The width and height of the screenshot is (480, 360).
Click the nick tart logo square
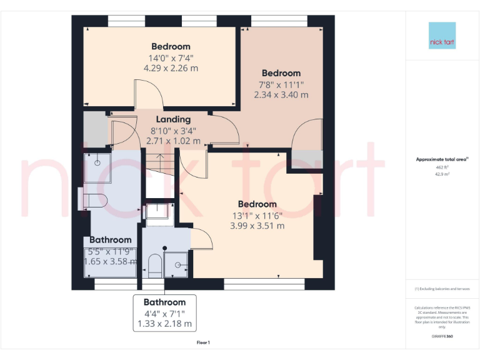[442, 36]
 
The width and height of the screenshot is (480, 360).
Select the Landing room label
[173, 119]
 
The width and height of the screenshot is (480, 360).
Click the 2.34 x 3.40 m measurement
[281, 95]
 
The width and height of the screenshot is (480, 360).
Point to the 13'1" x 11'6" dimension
[257, 215]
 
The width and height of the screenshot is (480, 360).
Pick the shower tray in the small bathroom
[177, 264]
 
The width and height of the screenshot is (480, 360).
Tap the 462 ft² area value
[442, 167]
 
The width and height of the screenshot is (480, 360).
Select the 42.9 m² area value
[442, 174]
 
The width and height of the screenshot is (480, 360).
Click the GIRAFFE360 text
[442, 336]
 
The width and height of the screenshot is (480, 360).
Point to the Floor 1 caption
[203, 342]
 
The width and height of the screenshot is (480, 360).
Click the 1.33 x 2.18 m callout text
[164, 324]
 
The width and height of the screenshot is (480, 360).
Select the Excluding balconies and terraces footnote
[442, 289]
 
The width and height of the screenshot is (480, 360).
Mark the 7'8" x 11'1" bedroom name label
[281, 73]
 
